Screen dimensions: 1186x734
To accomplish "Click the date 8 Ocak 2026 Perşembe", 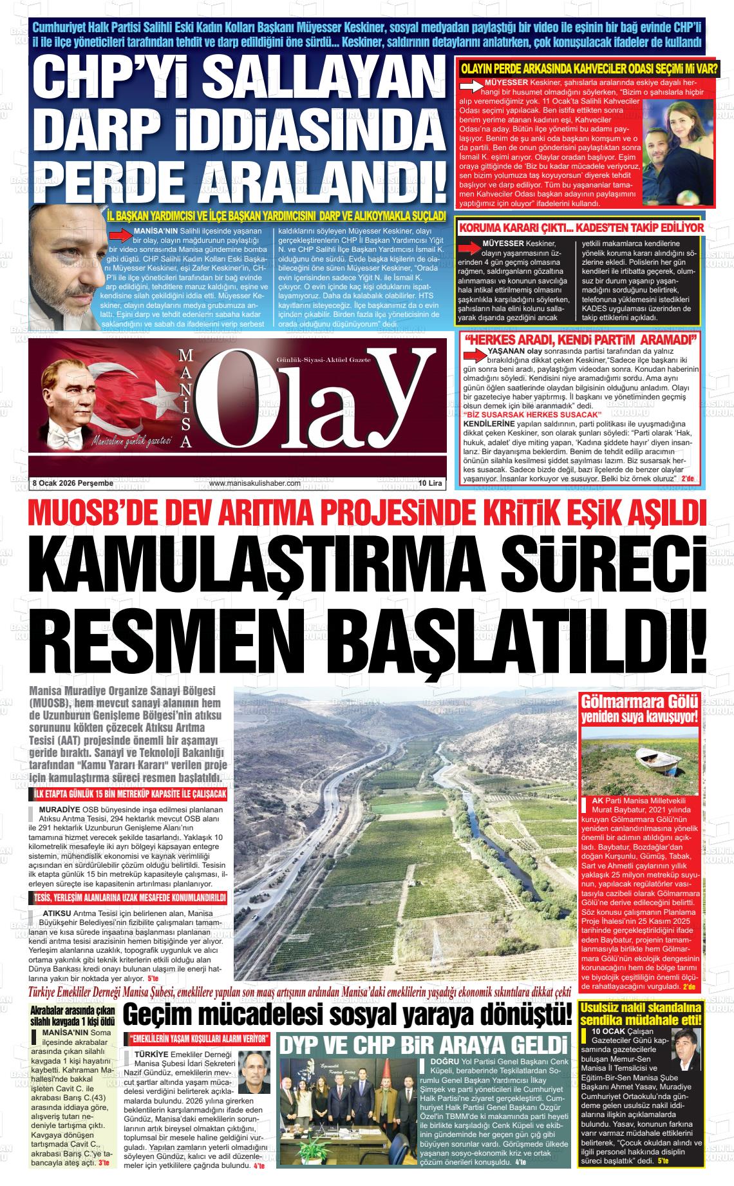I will point(72,483).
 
